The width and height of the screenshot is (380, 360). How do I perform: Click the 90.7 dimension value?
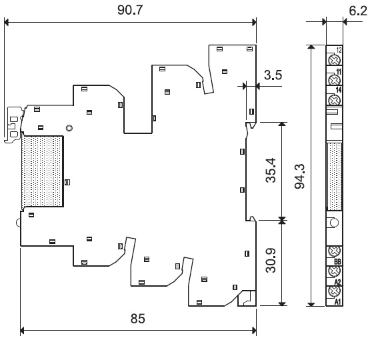click(x=130, y=10)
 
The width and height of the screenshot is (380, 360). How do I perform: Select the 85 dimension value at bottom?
click(x=137, y=319)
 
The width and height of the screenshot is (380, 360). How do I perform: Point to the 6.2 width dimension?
click(x=358, y=11)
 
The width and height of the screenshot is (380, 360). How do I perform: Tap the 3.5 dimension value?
click(x=273, y=75)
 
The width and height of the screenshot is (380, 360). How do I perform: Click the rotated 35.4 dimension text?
click(x=271, y=170)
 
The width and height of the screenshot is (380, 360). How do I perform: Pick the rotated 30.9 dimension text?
click(x=271, y=261)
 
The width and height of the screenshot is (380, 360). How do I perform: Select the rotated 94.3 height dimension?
click(x=299, y=176)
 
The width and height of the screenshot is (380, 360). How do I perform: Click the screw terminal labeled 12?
click(x=334, y=60)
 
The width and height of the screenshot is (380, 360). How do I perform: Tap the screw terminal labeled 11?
click(x=334, y=79)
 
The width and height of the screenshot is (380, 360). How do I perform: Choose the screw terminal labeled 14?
click(x=334, y=99)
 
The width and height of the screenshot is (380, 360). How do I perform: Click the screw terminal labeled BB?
click(x=334, y=251)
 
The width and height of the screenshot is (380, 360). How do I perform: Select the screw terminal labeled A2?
click(x=334, y=271)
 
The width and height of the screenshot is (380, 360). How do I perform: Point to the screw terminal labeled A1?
click(x=334, y=291)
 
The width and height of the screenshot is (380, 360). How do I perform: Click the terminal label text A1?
click(x=337, y=302)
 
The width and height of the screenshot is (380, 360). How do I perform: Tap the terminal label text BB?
click(x=337, y=261)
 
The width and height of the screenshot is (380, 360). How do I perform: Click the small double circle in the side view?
click(x=69, y=128)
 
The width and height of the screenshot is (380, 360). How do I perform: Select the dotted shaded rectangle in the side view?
click(x=43, y=171)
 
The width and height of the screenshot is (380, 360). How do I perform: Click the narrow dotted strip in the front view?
click(x=335, y=177)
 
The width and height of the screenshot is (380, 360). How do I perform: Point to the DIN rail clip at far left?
click(x=13, y=125)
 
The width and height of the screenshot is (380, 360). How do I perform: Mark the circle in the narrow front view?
click(x=334, y=223)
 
